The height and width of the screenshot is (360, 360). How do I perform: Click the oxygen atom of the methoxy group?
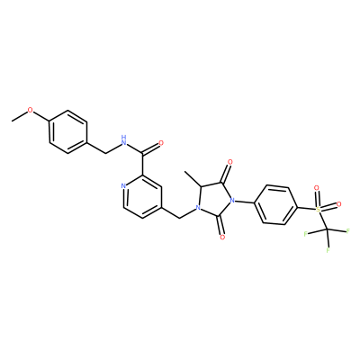tap(31, 110)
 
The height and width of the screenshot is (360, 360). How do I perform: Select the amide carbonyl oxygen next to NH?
tap(161, 143)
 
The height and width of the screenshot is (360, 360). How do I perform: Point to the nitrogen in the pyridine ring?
tap(123, 186)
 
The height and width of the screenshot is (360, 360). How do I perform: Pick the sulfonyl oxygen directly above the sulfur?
tap(316, 188)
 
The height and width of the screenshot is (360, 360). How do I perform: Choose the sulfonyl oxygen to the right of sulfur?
tap(339, 204)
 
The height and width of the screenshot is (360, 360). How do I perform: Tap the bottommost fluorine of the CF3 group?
tap(328, 250)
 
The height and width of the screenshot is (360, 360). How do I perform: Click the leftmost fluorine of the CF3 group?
tap(305, 234)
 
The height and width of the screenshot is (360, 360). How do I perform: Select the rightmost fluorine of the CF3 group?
tap(348, 231)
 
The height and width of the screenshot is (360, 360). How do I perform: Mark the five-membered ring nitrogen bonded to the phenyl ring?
tap(231, 200)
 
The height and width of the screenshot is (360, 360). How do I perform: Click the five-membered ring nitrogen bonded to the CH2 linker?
tap(197, 207)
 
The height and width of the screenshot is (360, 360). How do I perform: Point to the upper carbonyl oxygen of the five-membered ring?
tap(230, 162)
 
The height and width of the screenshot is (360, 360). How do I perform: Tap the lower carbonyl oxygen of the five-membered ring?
tap(222, 238)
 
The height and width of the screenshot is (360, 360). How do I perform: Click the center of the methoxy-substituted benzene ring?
tap(68, 132)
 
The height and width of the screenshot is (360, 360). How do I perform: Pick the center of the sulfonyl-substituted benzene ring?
tap(275, 205)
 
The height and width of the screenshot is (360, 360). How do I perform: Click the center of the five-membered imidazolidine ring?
tap(214, 199)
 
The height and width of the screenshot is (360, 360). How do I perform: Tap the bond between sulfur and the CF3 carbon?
tap(323, 220)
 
